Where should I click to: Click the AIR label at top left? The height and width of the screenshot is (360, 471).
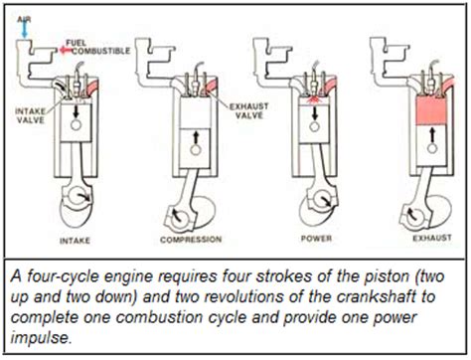click(22, 8)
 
